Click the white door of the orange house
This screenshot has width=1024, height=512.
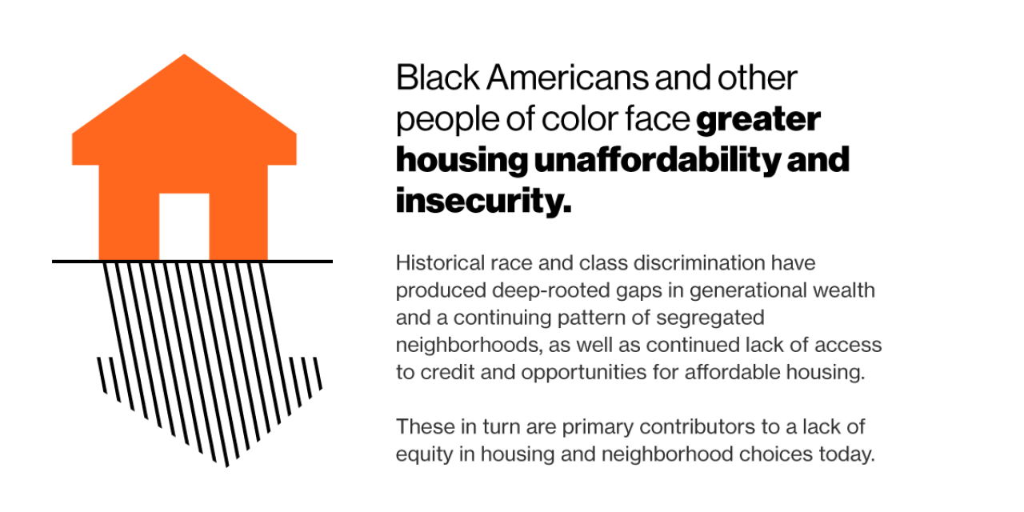[184, 226]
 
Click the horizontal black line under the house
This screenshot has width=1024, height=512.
[192, 261]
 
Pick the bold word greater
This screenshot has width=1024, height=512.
[758, 120]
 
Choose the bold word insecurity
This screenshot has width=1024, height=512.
[483, 202]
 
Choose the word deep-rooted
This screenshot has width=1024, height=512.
[518, 290]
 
